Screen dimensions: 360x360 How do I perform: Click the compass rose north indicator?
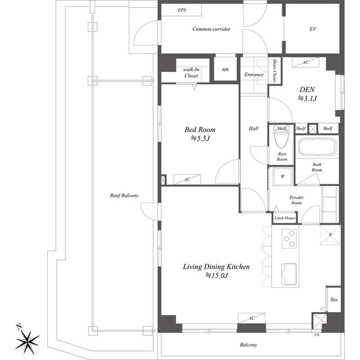click(x=28, y=340)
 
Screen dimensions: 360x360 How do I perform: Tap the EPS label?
click(x=182, y=10)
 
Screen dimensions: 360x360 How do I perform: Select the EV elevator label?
click(x=313, y=29)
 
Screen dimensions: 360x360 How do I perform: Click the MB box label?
click(x=225, y=70)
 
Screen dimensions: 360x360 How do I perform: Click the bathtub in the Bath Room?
click(x=317, y=146)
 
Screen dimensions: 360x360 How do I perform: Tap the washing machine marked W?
click(x=282, y=176)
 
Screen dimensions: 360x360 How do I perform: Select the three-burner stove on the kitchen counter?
click(x=289, y=238)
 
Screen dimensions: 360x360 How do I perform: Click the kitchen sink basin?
click(x=289, y=274)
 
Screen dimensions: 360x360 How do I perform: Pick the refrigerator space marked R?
click(x=330, y=235)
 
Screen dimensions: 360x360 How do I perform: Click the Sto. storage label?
click(x=334, y=300)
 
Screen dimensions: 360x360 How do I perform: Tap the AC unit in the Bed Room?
click(x=187, y=179)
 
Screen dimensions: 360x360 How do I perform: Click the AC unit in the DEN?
click(x=305, y=62)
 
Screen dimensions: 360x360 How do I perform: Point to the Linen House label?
click(x=285, y=218)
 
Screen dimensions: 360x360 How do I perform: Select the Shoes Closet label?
click(x=274, y=70)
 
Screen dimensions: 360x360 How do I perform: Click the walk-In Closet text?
click(x=191, y=73)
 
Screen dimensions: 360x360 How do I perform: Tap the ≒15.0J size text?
click(x=216, y=275)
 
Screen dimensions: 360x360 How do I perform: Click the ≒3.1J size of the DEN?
click(x=307, y=98)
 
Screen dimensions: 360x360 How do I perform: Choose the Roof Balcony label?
click(x=124, y=196)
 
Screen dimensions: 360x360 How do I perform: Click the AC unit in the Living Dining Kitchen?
click(x=251, y=318)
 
